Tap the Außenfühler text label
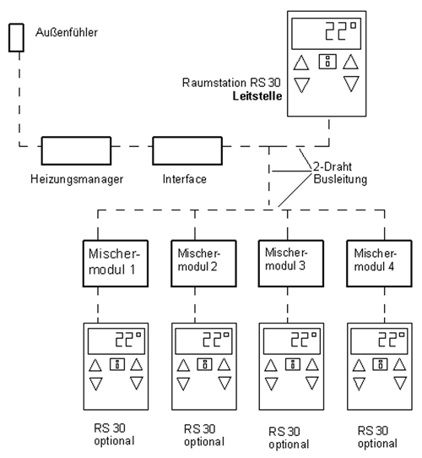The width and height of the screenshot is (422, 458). pos(67,32)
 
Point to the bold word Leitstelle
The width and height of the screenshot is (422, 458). pos(257,96)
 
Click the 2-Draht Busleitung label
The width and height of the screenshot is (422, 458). pos(340,173)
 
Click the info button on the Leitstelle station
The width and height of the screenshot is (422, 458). pos(327,62)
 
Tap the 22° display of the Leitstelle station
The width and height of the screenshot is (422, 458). pos(327,34)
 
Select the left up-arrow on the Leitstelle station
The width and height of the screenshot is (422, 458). pos(301,63)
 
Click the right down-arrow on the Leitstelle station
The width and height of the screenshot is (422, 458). pos(351,84)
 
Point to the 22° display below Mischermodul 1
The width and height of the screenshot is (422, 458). pos(116,341)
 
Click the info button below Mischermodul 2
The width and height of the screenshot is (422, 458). pos(205,364)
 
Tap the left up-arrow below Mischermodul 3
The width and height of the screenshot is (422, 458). pos(271,365)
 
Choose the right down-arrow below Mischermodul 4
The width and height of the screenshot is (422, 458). pos(400,383)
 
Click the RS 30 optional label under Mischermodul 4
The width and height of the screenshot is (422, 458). pos(377,437)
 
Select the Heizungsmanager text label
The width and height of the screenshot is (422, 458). pos(77,179)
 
